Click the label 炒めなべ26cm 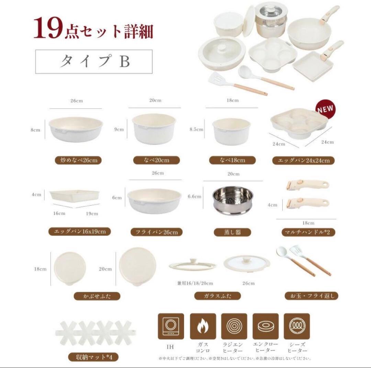pyautogui.click(x=78, y=160)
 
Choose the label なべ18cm pyautogui.click(x=233, y=160)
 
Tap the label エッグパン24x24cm pyautogui.click(x=303, y=160)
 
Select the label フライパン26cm pyautogui.click(x=154, y=232)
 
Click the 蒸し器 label pyautogui.click(x=233, y=232)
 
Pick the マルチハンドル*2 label pyautogui.click(x=303, y=232)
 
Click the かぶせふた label pyautogui.click(x=97, y=296)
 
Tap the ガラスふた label pyautogui.click(x=217, y=296)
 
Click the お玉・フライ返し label pyautogui.click(x=312, y=295)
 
